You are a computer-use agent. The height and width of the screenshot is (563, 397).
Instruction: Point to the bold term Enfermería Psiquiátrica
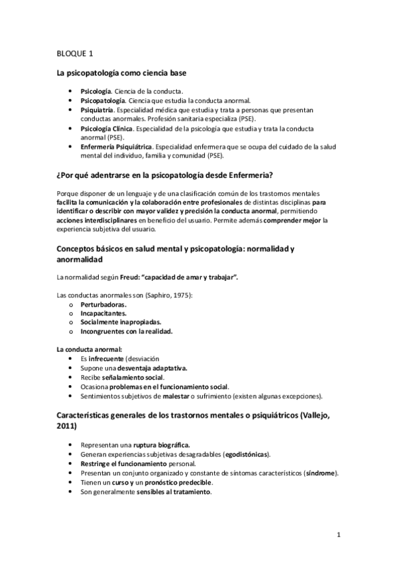click(x=116, y=147)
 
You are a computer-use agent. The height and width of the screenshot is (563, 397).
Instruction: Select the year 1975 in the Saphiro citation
click(x=179, y=294)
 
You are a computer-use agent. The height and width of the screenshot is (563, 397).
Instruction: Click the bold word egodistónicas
click(x=246, y=454)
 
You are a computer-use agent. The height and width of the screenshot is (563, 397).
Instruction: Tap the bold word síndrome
click(x=320, y=473)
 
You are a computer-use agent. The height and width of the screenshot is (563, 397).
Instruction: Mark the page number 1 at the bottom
click(x=338, y=534)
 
